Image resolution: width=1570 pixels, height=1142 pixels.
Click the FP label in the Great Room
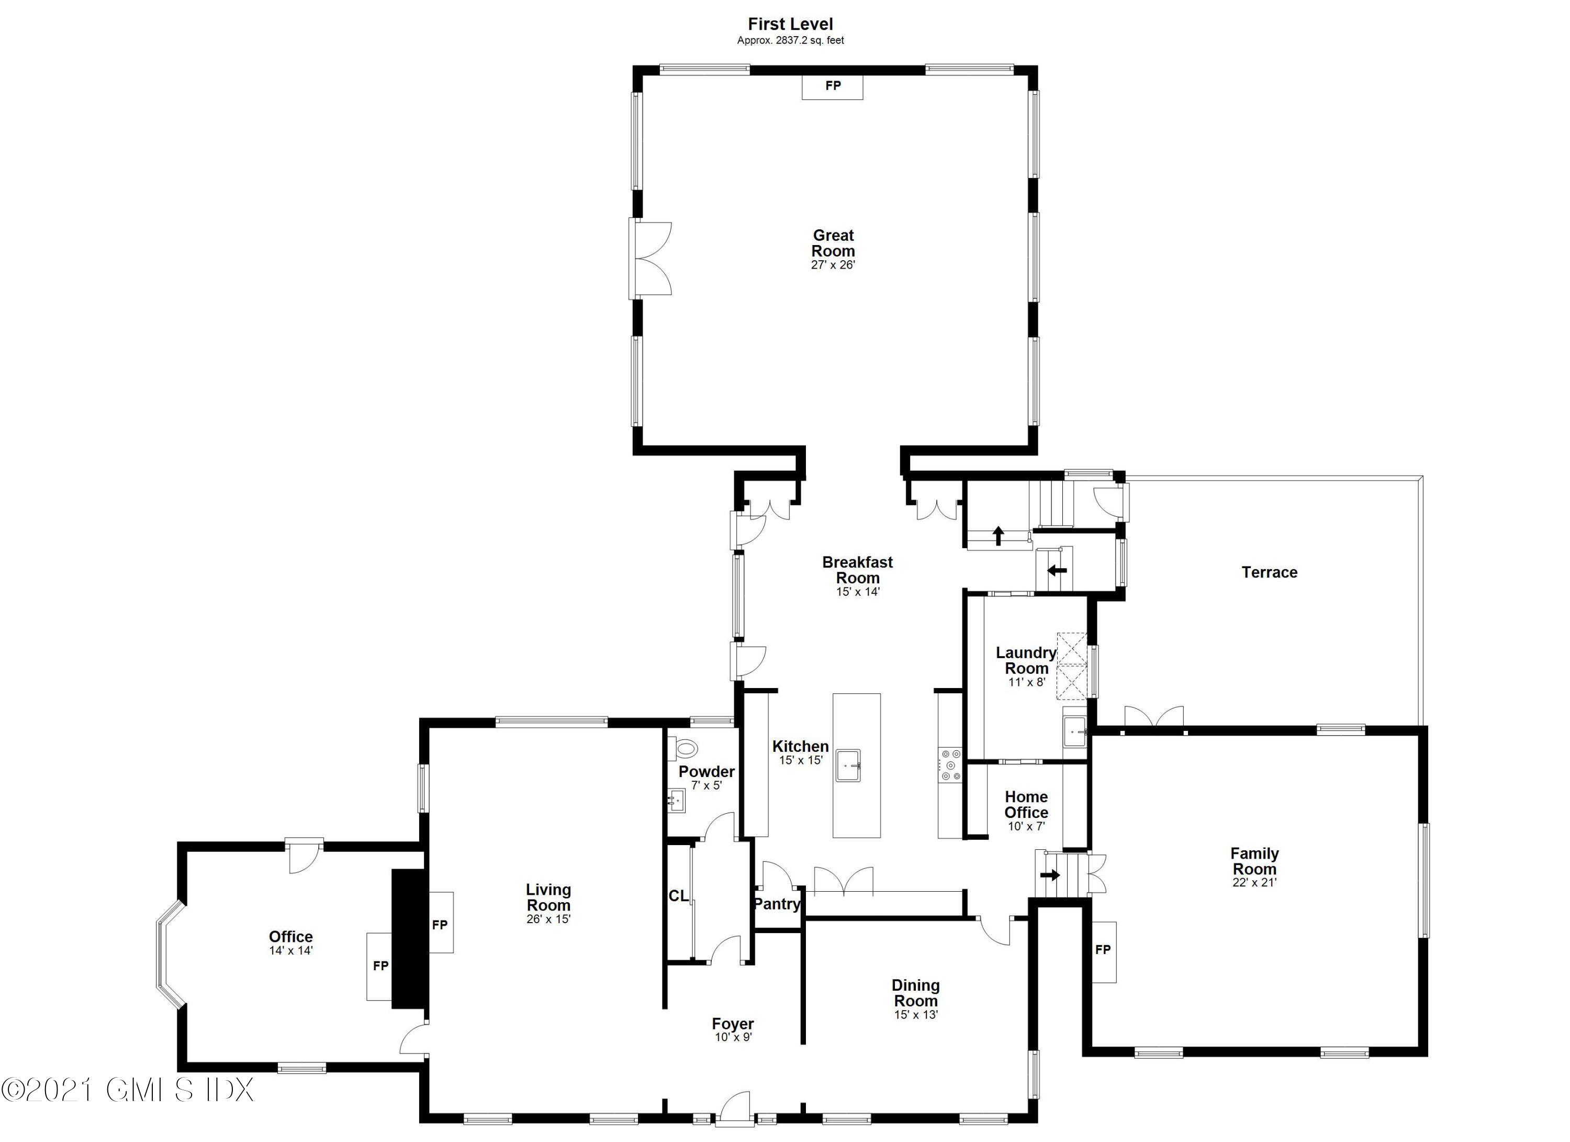[833, 86]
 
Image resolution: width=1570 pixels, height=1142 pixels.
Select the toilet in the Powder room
[685, 748]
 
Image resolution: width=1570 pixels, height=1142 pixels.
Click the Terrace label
[1269, 572]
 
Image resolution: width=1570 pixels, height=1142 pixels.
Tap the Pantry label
[777, 904]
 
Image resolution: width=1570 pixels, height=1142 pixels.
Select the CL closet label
[678, 895]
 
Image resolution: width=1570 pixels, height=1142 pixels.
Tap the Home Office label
[1026, 805]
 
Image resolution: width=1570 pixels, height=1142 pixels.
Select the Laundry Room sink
[1074, 732]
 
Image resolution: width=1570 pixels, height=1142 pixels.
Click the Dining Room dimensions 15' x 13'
[915, 1015]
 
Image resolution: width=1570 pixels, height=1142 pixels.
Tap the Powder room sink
[676, 803]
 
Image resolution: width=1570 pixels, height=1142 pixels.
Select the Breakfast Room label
[857, 570]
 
